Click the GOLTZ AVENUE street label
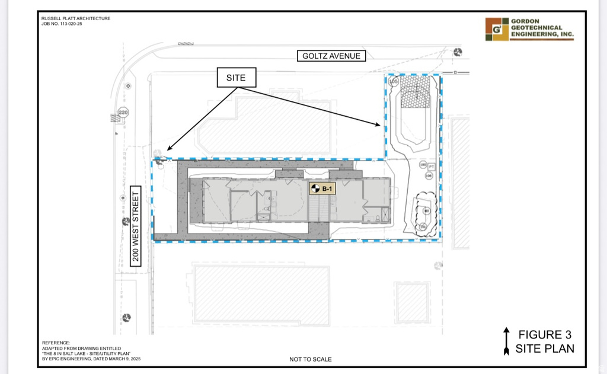(x=331, y=56)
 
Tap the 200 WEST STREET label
(x=136, y=227)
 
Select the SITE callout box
(x=235, y=78)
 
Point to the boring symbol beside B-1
(x=315, y=189)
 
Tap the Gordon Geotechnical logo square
(x=497, y=29)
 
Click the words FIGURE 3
(x=544, y=335)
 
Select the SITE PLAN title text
(x=544, y=349)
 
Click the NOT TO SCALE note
(x=311, y=359)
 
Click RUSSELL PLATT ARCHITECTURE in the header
(x=76, y=18)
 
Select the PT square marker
(x=432, y=167)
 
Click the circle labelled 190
(x=423, y=165)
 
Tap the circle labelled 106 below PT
(x=429, y=175)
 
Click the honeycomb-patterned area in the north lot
(x=416, y=93)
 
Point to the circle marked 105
(x=393, y=81)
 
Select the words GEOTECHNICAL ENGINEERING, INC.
(x=542, y=31)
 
